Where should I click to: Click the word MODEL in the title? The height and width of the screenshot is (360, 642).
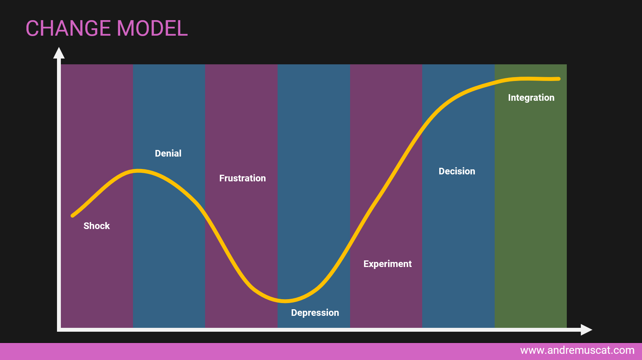(x=152, y=28)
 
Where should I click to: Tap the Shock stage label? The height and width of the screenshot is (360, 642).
(x=97, y=226)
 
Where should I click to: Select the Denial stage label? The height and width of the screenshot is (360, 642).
(x=168, y=153)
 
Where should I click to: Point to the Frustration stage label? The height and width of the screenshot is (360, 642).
(x=242, y=178)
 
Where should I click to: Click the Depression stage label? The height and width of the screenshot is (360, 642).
(x=315, y=313)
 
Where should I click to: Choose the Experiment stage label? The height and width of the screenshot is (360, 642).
(x=388, y=264)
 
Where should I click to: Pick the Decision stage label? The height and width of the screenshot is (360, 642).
(x=457, y=171)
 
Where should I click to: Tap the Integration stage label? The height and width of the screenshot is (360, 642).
(x=531, y=98)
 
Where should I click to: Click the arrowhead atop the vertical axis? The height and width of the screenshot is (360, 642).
(x=59, y=53)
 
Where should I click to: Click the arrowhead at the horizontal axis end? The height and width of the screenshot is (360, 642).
(x=587, y=330)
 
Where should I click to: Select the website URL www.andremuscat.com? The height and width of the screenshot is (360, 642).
(x=577, y=350)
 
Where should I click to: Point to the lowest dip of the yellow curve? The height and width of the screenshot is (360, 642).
(x=285, y=301)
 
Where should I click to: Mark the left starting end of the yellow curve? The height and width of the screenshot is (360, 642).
(x=72, y=216)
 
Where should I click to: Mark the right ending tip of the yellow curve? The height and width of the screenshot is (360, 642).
(x=559, y=79)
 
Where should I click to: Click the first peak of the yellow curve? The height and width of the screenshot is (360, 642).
(x=138, y=171)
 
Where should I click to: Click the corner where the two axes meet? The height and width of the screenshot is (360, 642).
(x=59, y=330)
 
